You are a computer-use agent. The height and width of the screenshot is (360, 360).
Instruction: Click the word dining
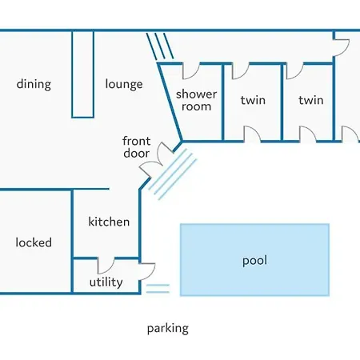pos(34,85)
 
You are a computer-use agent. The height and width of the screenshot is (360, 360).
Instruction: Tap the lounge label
pos(124,85)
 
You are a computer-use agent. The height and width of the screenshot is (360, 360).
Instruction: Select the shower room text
pos(196,100)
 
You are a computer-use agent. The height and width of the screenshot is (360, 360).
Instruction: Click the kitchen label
pos(109,222)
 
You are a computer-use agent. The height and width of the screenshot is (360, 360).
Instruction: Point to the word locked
pos(34,242)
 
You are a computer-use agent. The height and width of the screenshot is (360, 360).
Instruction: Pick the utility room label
pos(106,282)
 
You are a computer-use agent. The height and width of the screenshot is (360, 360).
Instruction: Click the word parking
pos(168,329)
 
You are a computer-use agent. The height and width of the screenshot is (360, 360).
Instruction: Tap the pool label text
pos(254,261)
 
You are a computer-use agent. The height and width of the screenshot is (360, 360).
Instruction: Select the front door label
pos(137,147)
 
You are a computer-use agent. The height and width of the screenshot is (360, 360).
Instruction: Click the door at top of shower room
pos(190,71)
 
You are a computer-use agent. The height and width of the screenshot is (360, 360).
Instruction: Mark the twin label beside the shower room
pos(253,100)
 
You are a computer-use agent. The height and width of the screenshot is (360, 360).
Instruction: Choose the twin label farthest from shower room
pos(311,100)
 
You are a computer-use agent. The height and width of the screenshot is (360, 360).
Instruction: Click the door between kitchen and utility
pos(106,266)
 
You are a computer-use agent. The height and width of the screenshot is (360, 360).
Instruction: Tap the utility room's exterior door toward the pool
pos(147,271)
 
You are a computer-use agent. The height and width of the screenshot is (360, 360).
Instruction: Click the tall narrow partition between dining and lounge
pos(82,74)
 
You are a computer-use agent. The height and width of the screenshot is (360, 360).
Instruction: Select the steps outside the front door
pos(173,174)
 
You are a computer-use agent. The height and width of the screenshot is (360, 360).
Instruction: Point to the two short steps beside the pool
pos(158,289)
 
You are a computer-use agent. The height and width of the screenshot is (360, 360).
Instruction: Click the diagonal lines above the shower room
pos(160,46)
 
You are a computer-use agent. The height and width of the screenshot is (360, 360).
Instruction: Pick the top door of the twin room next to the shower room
pos(240,71)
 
